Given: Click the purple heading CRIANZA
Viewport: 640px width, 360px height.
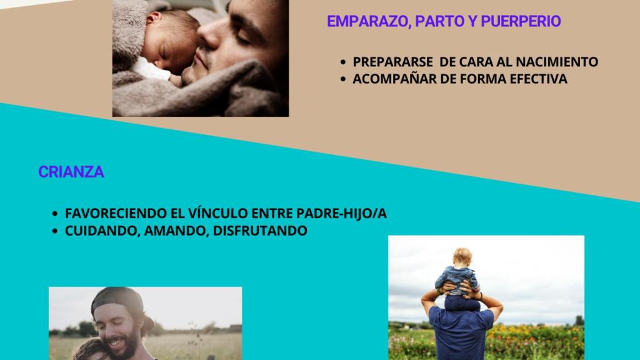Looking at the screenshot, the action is pyautogui.click(x=71, y=172).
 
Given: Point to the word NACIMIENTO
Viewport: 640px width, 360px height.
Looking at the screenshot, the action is pyautogui.click(x=557, y=62).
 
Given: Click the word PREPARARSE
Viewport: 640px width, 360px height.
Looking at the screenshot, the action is pyautogui.click(x=392, y=62).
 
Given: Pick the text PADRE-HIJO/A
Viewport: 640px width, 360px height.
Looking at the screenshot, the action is pyautogui.click(x=341, y=214).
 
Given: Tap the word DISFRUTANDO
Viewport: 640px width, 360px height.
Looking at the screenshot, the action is pyautogui.click(x=260, y=231).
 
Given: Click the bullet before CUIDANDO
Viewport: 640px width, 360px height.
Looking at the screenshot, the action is pyautogui.click(x=55, y=231).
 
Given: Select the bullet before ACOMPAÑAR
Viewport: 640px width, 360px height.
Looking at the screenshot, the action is pyautogui.click(x=343, y=79).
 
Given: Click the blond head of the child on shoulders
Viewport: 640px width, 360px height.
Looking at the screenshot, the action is pyautogui.click(x=462, y=257).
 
